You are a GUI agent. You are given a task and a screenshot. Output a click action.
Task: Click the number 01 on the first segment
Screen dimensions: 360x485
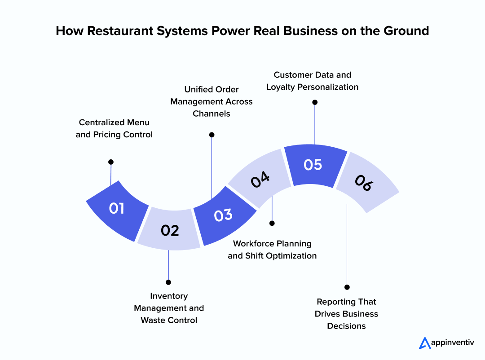click(117, 209)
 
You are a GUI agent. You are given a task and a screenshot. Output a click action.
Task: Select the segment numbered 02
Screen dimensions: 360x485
click(170, 230)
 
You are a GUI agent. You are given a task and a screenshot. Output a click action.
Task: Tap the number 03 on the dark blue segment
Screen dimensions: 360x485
click(223, 215)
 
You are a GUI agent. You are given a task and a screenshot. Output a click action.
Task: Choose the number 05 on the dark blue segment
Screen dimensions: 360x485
click(313, 165)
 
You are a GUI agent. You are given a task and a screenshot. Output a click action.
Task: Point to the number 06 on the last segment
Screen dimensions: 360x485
click(364, 183)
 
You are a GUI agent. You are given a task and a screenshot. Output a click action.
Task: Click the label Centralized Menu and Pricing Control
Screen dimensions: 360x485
click(114, 128)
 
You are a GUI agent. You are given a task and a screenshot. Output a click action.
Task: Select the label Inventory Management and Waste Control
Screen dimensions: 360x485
click(169, 308)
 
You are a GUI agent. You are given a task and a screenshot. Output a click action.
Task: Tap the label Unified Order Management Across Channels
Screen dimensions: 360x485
click(212, 101)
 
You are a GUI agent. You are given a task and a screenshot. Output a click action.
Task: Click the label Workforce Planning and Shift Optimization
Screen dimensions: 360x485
click(272, 250)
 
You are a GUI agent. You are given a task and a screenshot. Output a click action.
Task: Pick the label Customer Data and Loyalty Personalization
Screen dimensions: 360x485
click(313, 81)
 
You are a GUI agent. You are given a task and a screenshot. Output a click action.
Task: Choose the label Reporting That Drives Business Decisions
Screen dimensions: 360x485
click(346, 314)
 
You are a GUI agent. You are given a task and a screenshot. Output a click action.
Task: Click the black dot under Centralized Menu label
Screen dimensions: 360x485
click(111, 162)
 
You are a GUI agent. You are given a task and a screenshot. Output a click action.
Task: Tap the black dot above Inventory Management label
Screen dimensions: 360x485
click(168, 282)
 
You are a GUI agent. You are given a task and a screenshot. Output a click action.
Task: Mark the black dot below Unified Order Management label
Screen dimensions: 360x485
click(212, 135)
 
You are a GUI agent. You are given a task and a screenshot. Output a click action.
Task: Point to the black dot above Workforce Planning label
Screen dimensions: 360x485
click(272, 223)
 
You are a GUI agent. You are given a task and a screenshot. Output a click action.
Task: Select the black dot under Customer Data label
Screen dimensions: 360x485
click(315, 102)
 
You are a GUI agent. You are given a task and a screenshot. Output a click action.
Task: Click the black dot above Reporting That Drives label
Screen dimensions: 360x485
click(347, 287)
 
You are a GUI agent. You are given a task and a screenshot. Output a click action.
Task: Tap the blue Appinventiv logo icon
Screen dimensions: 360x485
click(424, 343)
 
